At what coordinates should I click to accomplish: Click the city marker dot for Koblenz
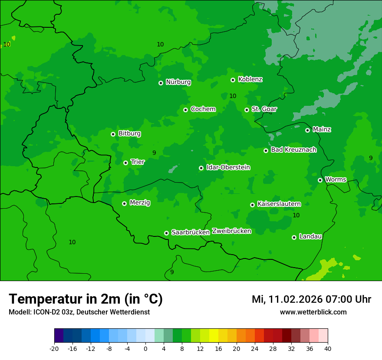click(x=233, y=80)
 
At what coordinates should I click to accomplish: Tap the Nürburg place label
click(x=178, y=82)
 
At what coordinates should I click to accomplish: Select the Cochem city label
click(x=203, y=109)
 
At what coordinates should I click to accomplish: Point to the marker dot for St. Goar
click(x=247, y=110)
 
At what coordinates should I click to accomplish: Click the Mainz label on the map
click(x=322, y=130)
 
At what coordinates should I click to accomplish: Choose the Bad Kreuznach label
click(x=293, y=150)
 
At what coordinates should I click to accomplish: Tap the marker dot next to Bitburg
click(x=113, y=134)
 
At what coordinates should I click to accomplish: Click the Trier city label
click(x=137, y=162)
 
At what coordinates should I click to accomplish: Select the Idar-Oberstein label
click(x=228, y=167)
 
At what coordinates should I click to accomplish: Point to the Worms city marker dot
click(x=320, y=180)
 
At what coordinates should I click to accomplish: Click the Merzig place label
click(x=140, y=203)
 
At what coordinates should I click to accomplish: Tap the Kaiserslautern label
click(x=279, y=204)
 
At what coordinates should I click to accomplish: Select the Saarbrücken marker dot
click(x=166, y=233)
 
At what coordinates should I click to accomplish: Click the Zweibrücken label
click(x=231, y=231)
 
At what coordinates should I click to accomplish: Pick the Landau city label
click(x=310, y=237)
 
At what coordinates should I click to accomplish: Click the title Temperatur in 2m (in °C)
click(x=86, y=299)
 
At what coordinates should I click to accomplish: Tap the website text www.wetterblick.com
click(x=313, y=312)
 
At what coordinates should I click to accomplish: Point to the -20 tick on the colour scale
click(x=54, y=349)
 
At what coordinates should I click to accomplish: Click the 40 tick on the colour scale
click(x=328, y=349)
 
